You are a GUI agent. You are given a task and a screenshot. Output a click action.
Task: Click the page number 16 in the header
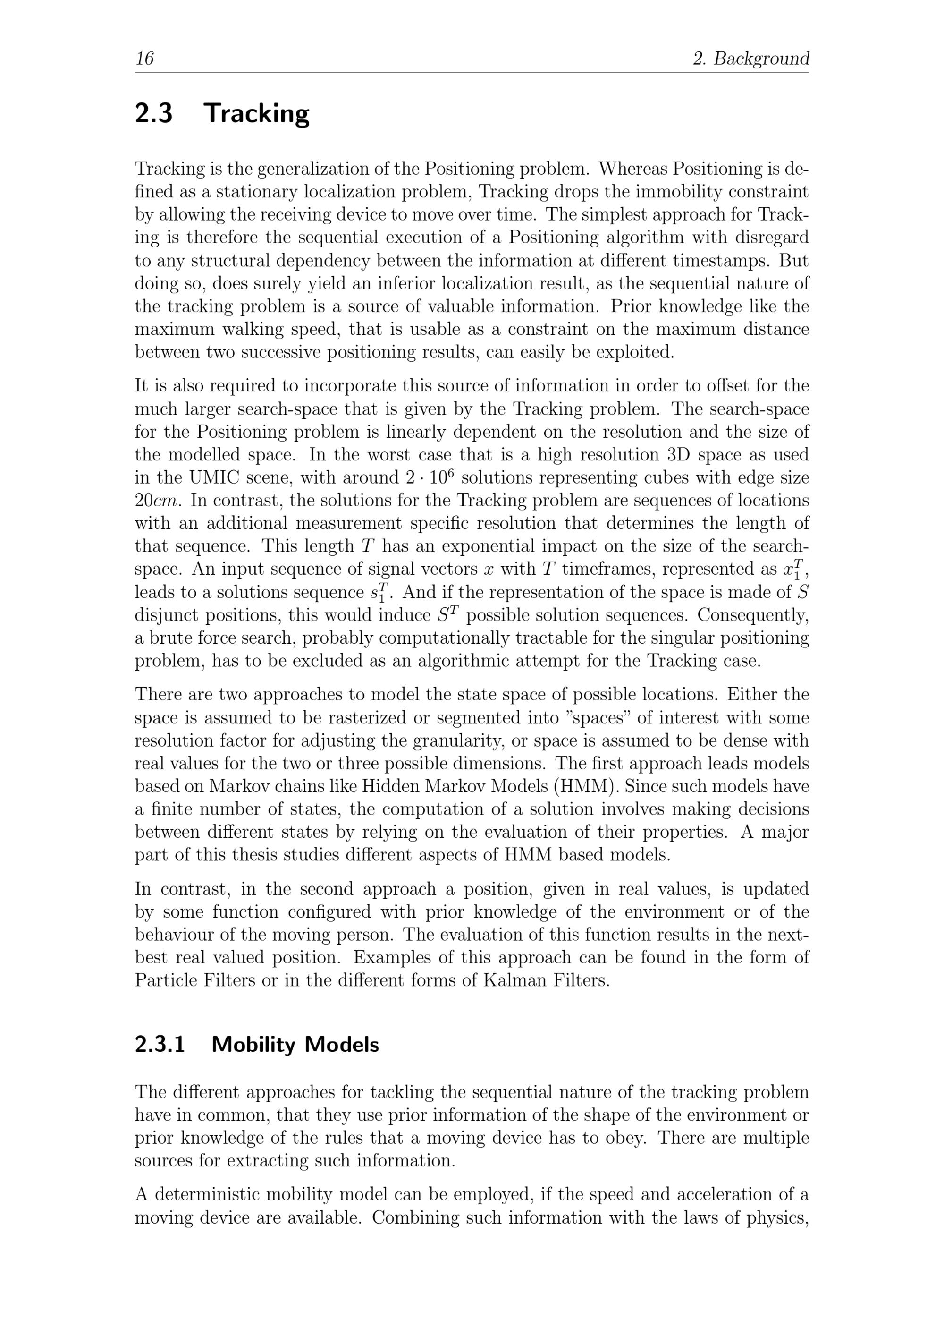[x=144, y=59]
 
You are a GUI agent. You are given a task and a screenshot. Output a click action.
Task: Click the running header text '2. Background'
[x=751, y=59]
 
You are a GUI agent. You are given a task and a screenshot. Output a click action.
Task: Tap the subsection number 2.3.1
[x=160, y=1045]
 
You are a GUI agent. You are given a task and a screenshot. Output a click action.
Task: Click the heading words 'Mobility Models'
[x=295, y=1045]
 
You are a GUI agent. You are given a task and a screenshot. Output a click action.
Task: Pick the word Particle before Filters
[x=166, y=980]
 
